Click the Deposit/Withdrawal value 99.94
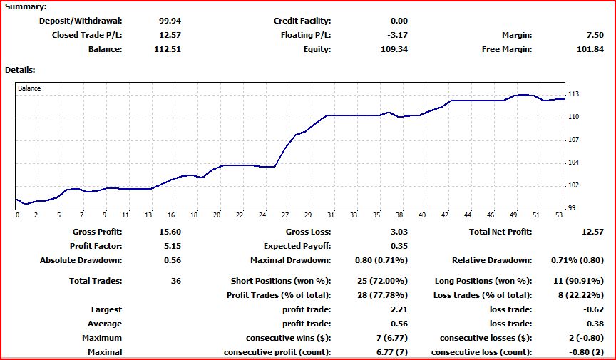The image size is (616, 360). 170,21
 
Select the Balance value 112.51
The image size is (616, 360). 168,49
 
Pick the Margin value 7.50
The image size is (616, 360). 593,35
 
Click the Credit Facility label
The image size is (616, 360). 302,21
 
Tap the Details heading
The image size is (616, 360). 20,70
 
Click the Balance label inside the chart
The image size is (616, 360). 29,88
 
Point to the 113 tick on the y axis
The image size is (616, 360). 573,94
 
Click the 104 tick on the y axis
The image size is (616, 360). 573,163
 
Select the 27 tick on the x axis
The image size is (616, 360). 286,215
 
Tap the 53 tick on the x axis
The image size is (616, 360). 560,215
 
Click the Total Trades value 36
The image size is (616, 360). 175,281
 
